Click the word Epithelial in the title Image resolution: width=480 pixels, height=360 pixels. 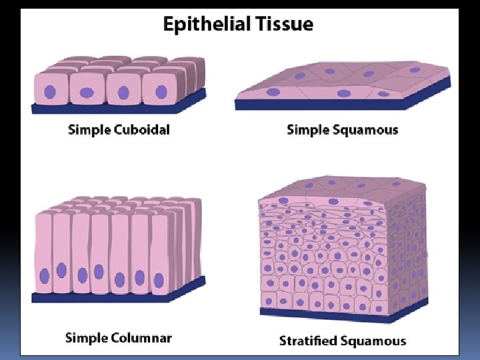pyautogui.click(x=205, y=25)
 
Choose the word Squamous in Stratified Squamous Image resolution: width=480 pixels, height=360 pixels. pyautogui.click(x=373, y=341)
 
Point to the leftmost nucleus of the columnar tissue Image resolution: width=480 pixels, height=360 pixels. pyautogui.click(x=45, y=275)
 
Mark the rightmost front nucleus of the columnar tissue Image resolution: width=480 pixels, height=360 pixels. pyautogui.click(x=159, y=280)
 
